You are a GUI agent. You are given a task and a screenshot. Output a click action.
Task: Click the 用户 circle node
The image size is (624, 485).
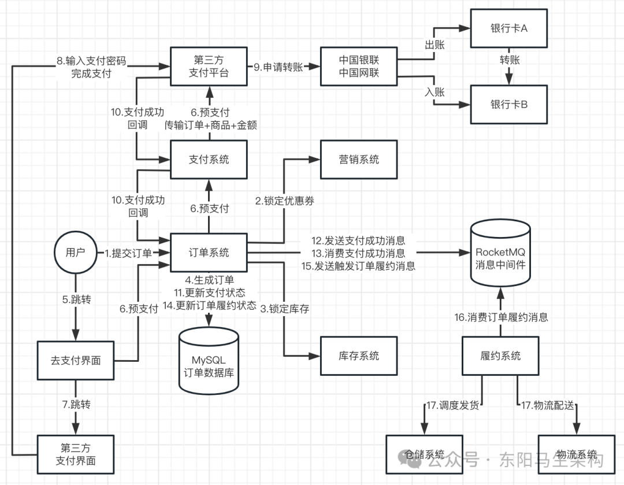coord(76,253)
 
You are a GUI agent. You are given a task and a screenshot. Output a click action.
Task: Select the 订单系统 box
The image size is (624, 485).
coord(209,253)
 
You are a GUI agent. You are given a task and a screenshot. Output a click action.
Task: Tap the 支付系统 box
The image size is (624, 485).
coord(209,160)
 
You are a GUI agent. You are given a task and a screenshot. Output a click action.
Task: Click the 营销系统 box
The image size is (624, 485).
coord(359,160)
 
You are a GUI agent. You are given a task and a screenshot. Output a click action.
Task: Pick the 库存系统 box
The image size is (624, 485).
coord(359,356)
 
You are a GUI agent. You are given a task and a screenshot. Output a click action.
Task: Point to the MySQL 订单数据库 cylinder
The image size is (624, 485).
coord(209,361)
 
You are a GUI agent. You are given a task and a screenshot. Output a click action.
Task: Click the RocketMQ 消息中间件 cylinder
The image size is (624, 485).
coord(500,253)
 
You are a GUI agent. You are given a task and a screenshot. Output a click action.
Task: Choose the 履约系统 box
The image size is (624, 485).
coord(500,356)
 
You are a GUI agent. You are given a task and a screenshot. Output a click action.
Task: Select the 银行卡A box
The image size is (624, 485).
coord(509,28)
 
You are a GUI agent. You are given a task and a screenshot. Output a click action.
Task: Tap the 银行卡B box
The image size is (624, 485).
coord(509,104)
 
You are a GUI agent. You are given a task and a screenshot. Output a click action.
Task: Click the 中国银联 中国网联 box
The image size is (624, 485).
coord(359,66)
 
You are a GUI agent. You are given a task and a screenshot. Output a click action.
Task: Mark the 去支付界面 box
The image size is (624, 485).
coord(76,360)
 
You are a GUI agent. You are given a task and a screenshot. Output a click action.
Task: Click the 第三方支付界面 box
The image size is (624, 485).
coord(76,454)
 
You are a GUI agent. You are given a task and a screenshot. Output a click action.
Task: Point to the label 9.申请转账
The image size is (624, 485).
coord(278,67)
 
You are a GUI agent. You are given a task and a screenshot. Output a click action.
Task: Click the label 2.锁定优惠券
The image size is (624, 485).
coord(284,201)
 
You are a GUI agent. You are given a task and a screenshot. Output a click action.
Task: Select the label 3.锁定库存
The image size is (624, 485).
coord(284,309)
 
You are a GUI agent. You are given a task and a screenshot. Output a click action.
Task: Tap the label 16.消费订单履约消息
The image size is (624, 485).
coord(501,317)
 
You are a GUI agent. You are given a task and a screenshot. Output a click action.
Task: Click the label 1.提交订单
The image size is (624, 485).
coord(128,253)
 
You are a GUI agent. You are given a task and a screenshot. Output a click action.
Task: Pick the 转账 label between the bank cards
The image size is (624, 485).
coord(510,60)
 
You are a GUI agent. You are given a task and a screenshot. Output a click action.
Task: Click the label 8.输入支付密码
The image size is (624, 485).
coord(91,61)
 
